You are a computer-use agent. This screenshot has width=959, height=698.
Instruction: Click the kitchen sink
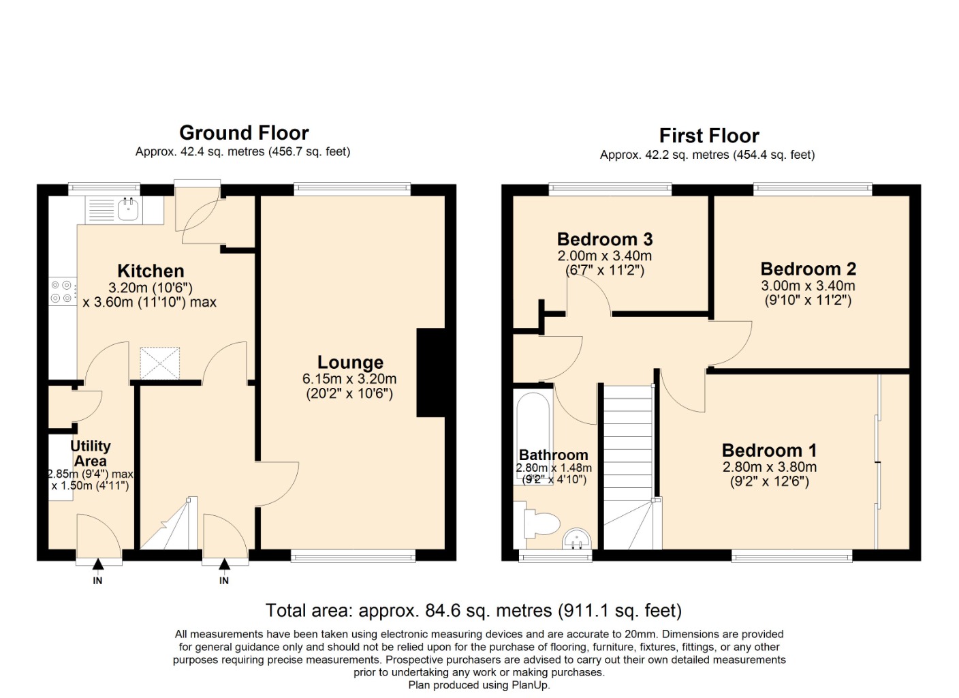point(128,209)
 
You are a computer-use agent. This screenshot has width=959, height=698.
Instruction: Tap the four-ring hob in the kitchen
point(62,292)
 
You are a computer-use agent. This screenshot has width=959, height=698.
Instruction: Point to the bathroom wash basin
point(577,539)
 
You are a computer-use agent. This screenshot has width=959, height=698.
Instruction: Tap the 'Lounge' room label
point(350,363)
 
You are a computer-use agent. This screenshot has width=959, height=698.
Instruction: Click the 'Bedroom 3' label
point(604,239)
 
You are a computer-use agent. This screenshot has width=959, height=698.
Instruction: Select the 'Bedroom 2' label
point(808,269)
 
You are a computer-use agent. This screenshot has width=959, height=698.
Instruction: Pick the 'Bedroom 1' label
point(769,451)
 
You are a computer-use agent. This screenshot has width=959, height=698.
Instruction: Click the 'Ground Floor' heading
point(244,132)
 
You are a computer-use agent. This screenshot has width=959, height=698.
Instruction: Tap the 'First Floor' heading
point(708,136)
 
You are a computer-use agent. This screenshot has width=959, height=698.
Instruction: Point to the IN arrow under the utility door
point(98,564)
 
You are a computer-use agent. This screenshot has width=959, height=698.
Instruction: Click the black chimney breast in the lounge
point(431,373)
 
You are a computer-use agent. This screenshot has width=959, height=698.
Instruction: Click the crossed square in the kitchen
point(160,363)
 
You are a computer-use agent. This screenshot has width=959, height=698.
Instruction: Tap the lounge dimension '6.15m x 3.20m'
point(349,379)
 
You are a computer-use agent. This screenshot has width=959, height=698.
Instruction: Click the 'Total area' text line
point(473,610)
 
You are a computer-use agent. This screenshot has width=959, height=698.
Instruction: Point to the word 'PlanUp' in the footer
point(530,685)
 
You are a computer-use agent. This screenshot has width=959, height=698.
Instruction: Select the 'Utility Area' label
point(91,453)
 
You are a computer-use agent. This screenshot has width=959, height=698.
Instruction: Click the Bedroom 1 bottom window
point(791,556)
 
